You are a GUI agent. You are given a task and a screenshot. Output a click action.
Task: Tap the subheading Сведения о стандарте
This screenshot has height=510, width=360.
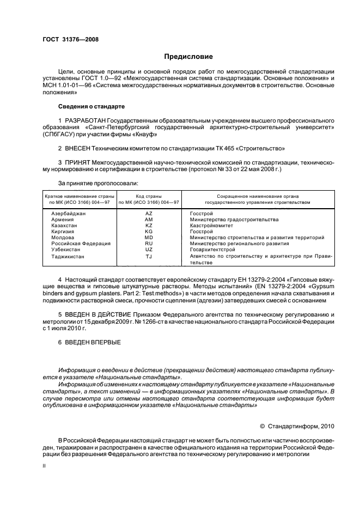(x=91, y=106)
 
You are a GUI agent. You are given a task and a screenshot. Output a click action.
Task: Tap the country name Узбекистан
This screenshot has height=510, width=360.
(x=67, y=250)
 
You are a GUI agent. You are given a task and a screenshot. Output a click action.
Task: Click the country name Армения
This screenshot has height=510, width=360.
(x=63, y=220)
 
